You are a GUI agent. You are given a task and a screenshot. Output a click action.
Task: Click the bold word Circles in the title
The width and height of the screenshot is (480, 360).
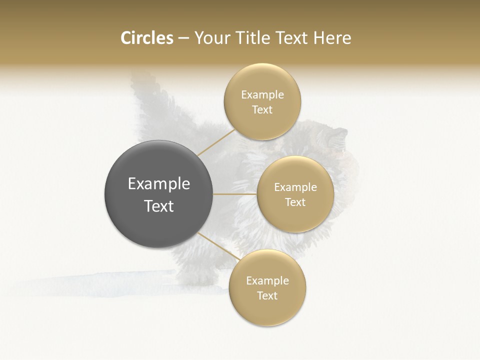(146, 38)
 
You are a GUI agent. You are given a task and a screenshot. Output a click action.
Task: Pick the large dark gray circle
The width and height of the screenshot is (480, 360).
(158, 193)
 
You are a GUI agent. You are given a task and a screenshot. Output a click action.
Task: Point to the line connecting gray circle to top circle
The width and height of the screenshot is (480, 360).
(216, 142)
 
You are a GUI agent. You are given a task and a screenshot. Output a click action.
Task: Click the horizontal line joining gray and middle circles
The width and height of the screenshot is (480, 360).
(235, 194)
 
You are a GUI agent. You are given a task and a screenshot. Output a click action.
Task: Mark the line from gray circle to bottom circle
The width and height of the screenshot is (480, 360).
(218, 247)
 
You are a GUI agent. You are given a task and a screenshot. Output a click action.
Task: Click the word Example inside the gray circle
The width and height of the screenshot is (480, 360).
(159, 184)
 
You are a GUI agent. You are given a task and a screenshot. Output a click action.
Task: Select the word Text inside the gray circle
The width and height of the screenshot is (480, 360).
(159, 206)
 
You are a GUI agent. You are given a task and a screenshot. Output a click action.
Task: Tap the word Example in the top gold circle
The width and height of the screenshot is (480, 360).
(262, 94)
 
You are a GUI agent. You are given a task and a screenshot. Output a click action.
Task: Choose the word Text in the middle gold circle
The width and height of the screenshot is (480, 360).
(295, 202)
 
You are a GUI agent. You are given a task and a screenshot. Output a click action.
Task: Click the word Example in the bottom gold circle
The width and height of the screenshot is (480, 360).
(267, 280)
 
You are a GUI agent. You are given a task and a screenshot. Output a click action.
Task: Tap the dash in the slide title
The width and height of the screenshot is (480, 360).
(183, 38)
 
